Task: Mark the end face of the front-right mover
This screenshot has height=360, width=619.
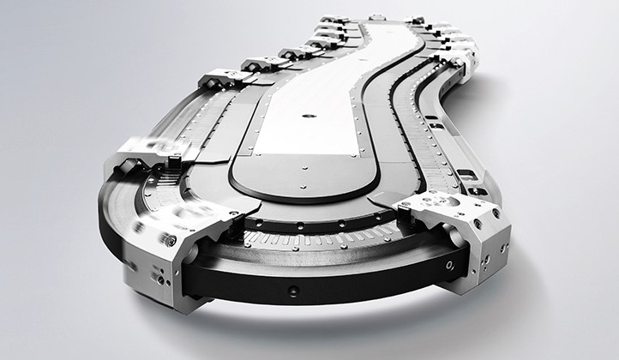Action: [489, 244]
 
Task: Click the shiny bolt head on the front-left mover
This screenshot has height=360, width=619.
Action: [171, 241]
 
